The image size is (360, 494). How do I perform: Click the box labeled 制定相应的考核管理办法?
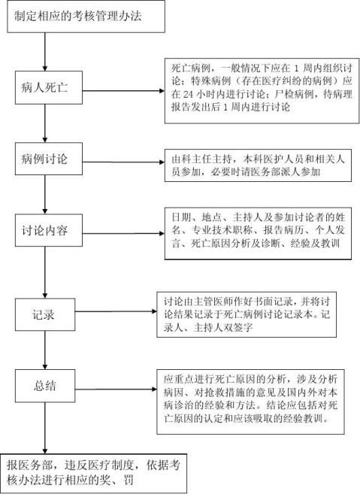point(86,17)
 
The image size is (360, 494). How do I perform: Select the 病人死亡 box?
point(49,87)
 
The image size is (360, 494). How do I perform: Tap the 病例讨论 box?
point(49,159)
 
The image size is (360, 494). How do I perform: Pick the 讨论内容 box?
point(49,230)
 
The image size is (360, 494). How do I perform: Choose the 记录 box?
point(45,314)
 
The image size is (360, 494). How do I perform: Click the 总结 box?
point(45,386)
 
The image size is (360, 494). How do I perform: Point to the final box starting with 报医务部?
point(93,473)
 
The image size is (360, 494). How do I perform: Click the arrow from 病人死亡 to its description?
point(123,91)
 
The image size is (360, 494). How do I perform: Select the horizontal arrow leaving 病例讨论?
point(123,162)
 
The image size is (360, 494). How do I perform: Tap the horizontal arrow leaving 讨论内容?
point(123,233)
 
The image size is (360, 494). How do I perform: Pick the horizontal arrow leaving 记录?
point(116,311)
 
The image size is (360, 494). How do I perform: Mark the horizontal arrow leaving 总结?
point(116,389)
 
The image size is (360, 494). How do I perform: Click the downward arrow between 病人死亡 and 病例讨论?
point(45,123)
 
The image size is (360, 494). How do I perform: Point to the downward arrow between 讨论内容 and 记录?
point(45,272)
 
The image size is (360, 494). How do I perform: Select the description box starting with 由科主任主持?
point(258,165)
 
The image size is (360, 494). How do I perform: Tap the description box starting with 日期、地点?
point(258,233)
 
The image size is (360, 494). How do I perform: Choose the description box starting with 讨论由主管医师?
point(247,314)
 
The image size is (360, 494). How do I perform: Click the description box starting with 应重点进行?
point(251,402)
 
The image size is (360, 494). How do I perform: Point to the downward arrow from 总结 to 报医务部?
point(45,428)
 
